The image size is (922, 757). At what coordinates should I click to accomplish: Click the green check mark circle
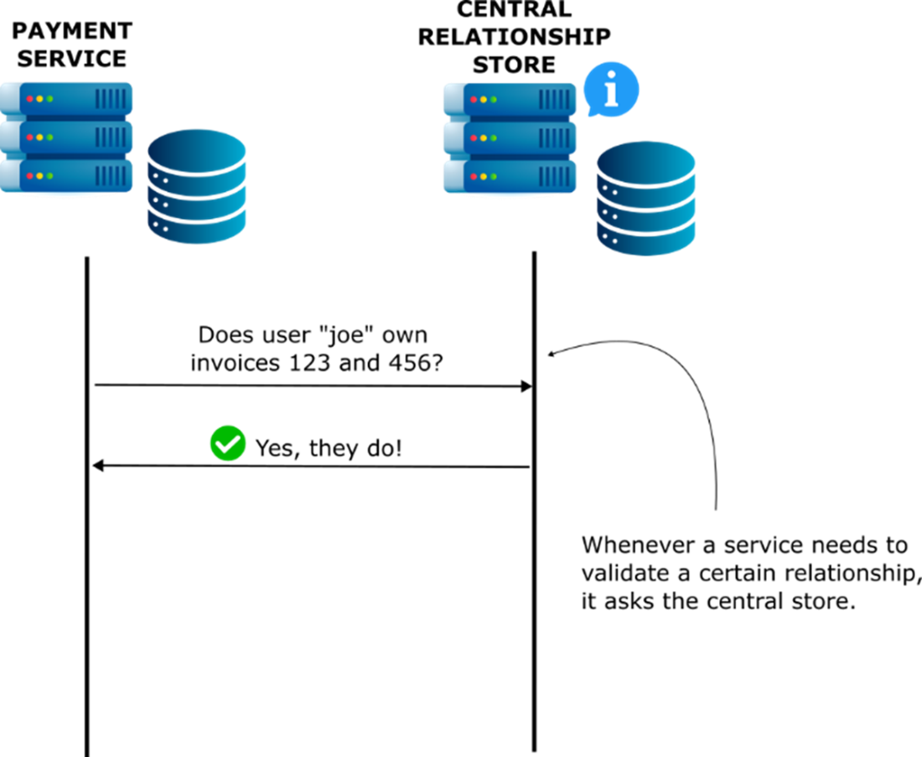pos(228,443)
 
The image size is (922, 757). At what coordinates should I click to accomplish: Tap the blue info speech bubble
pos(612,88)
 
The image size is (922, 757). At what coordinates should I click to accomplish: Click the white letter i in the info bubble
pos(612,89)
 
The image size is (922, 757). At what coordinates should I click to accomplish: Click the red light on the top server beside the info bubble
pos(474,100)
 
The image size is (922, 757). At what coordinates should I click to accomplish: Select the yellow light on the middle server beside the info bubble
pos(484,138)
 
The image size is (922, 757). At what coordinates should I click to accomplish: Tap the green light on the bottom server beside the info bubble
pos(494,177)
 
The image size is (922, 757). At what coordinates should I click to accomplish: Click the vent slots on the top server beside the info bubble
pos(554,100)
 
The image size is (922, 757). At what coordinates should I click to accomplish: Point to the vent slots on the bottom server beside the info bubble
pos(554,177)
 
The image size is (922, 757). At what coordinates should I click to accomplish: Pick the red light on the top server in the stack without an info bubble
pos(30,99)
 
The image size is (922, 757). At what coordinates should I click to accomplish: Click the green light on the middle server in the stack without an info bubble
pos(50,137)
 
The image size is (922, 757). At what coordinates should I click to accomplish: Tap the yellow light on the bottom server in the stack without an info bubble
pos(40,176)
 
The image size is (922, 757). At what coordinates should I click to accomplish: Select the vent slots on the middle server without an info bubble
pos(111,137)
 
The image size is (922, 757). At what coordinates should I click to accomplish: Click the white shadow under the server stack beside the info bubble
pos(510,196)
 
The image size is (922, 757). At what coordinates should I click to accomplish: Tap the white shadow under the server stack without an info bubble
pos(66,195)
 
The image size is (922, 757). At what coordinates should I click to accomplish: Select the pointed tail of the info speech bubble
pos(592,113)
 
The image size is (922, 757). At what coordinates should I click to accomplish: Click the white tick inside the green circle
pos(228,444)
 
